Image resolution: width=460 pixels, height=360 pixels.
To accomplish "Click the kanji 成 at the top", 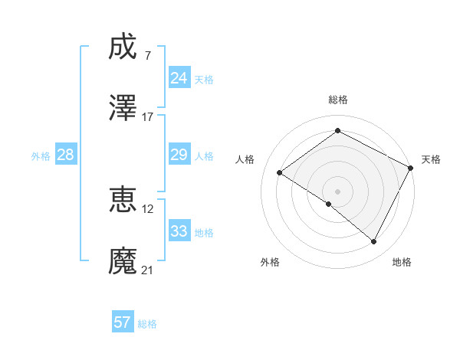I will (x=123, y=47).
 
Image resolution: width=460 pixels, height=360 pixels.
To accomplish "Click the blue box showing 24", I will (x=179, y=78).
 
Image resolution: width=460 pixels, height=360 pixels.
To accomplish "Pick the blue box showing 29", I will (x=179, y=155).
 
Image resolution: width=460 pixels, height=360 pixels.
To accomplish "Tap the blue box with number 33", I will (x=179, y=231).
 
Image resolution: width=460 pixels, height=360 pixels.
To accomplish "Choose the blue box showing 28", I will (x=66, y=155).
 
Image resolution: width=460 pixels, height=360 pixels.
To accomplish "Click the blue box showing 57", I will (x=123, y=322).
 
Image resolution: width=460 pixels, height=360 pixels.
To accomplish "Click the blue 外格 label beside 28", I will (x=41, y=156).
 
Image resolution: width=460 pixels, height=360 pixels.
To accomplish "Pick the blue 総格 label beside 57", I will (x=147, y=324).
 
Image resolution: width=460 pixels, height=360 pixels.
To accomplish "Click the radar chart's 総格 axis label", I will (x=338, y=100).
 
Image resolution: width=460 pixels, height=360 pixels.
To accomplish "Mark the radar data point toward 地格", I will (x=374, y=242).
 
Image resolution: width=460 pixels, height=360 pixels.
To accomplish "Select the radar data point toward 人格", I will (x=280, y=172).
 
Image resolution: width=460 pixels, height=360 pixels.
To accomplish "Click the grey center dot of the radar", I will (x=337, y=191).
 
